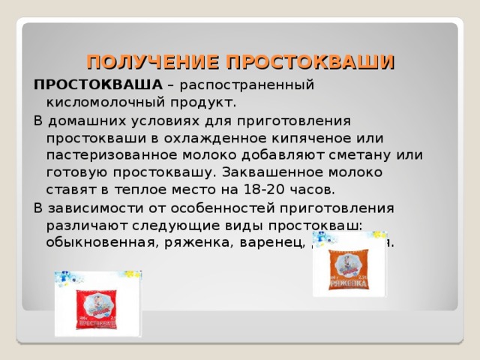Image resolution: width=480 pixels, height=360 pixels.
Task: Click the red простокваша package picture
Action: click(x=97, y=304)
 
